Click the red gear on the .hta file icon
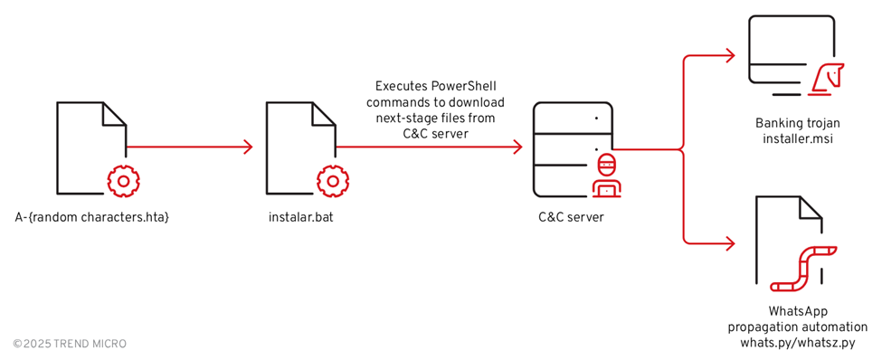pos(123,181)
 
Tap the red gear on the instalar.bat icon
pos(332,181)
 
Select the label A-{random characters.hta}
pos(92,217)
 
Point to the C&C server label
pos(570,217)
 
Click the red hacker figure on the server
pos(607,175)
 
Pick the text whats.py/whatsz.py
pos(797,343)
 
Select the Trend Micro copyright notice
pos(70,344)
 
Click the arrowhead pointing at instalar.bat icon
pos(247,147)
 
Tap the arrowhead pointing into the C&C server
pos(517,147)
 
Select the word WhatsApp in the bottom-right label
pos(798,310)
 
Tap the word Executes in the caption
pos(402,86)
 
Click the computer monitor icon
pos(791,54)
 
